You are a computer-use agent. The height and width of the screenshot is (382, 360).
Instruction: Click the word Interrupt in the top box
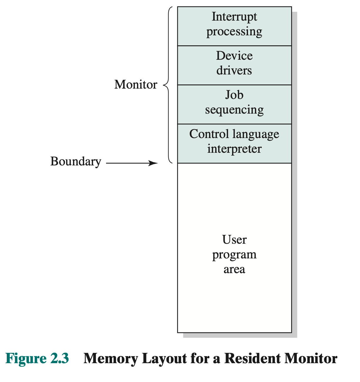tap(234, 17)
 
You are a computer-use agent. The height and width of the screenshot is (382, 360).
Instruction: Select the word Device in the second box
tap(234, 56)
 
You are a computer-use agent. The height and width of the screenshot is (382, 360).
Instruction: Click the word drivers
tap(234, 71)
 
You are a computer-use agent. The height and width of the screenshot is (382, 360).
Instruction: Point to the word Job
tap(234, 95)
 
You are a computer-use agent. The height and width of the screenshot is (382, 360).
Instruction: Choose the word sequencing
tap(234, 110)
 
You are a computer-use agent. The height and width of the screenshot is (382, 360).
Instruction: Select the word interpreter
tap(234, 149)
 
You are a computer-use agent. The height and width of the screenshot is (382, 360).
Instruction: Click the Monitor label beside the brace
tap(136, 85)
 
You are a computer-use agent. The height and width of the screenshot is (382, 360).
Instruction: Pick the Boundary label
tap(76, 162)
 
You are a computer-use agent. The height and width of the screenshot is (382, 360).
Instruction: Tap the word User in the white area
tap(234, 240)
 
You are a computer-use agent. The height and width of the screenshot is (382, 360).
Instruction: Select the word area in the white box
tap(234, 269)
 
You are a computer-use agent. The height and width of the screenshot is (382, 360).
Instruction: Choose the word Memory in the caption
tap(111, 358)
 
